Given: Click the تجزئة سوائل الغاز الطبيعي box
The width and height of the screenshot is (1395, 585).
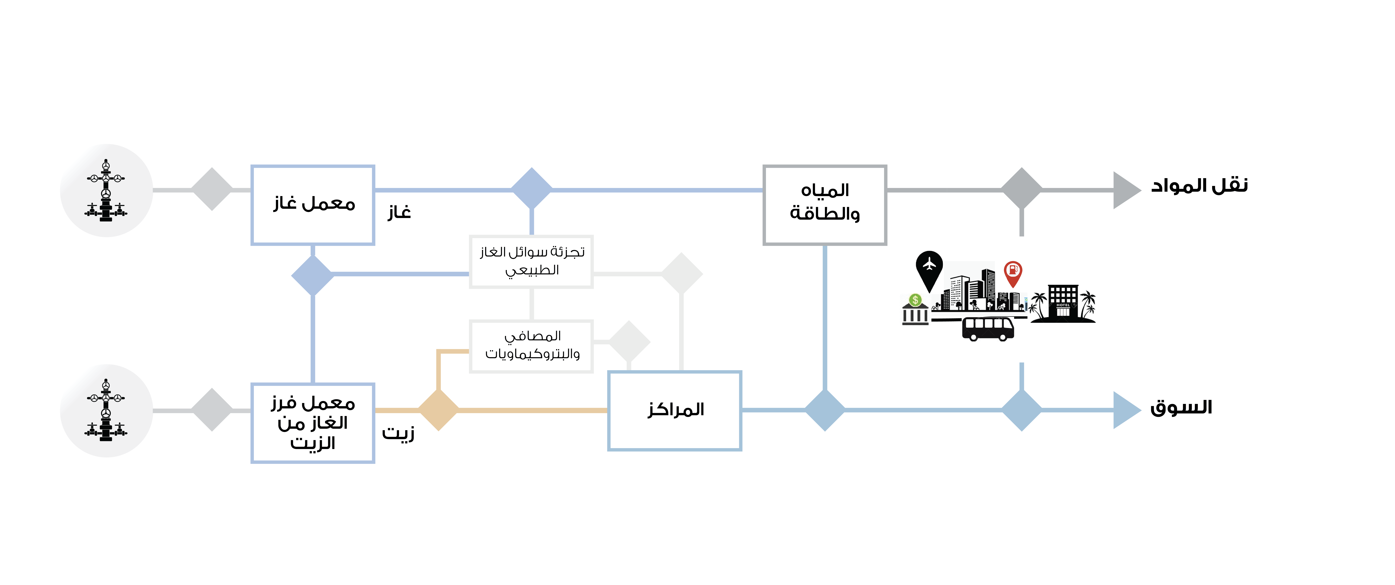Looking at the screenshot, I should click(x=531, y=261).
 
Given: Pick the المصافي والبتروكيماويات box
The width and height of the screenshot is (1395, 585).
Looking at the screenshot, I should click(x=531, y=346).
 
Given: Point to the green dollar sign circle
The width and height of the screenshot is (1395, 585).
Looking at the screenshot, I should click(x=915, y=300).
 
